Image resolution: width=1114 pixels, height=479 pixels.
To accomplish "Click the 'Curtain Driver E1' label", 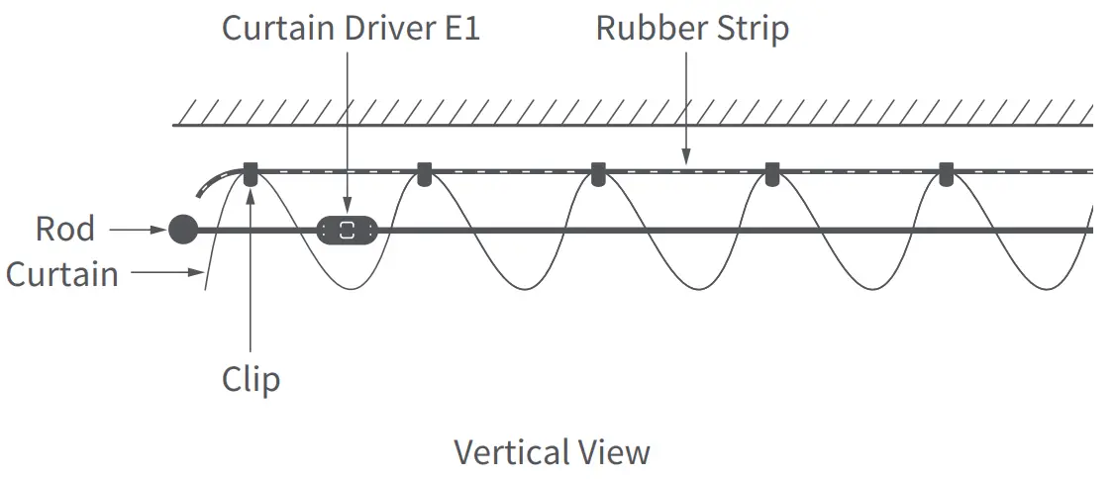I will [x=351, y=28].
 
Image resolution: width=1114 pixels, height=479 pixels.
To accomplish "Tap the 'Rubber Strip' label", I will [x=691, y=28].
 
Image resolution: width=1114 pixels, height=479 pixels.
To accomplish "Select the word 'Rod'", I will [x=65, y=229].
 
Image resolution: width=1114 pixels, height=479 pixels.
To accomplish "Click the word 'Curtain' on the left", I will [x=61, y=274].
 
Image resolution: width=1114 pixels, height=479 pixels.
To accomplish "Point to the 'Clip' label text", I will [x=251, y=379].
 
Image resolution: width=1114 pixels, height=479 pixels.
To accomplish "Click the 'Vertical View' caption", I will [x=552, y=452].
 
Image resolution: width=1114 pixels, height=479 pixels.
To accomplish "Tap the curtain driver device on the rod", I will [x=347, y=231].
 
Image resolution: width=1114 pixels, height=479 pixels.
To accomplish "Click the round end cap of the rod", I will [x=181, y=230].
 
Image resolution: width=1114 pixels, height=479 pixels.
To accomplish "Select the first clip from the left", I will [x=251, y=174].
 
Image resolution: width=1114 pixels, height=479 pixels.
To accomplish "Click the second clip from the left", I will [x=424, y=174].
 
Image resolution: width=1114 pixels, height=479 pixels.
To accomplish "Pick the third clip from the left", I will [x=597, y=174].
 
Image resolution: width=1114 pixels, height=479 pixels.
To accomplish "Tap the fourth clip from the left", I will [x=771, y=174].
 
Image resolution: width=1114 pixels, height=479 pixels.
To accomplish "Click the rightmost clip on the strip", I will [x=946, y=174].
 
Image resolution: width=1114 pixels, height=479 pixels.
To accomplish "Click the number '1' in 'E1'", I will [x=470, y=28].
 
